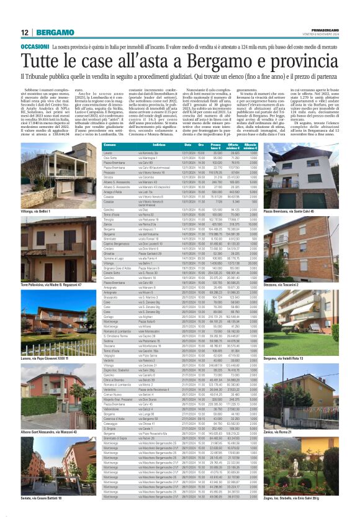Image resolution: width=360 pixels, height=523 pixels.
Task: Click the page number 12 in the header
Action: (24, 32)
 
